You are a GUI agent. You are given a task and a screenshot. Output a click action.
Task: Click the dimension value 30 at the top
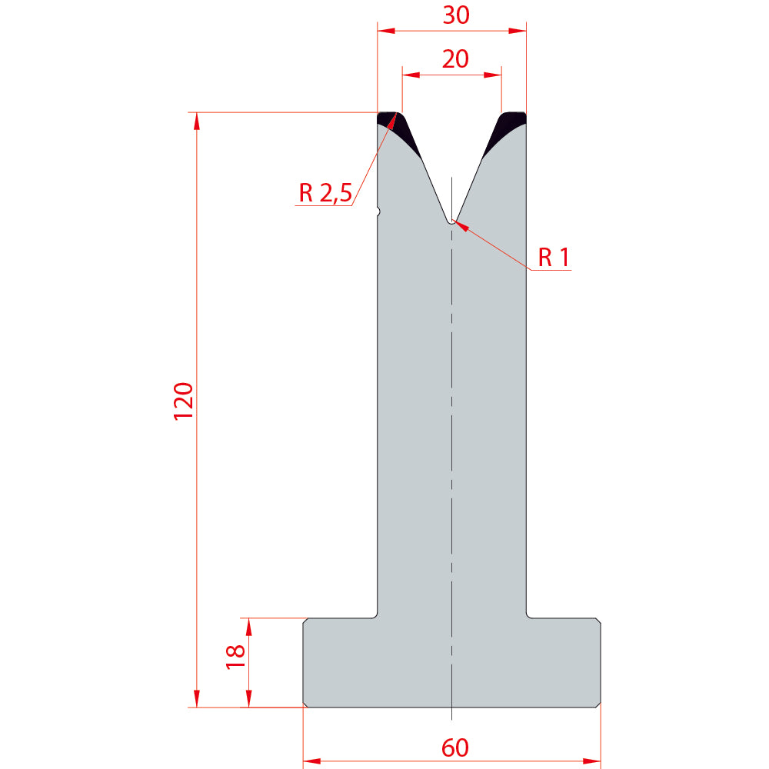tap(456, 15)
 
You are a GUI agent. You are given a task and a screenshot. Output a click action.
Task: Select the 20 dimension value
tap(455, 59)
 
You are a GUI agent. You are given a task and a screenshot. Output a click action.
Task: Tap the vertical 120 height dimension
tap(184, 401)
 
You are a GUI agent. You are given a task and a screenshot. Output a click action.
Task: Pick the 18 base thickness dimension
tap(235, 657)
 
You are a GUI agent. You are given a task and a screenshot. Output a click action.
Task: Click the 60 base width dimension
tap(455, 748)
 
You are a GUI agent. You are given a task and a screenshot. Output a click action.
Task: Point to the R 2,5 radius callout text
tap(325, 193)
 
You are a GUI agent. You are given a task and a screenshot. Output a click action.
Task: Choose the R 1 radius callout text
tap(554, 258)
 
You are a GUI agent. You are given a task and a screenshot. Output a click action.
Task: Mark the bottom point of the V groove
tap(451, 224)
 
